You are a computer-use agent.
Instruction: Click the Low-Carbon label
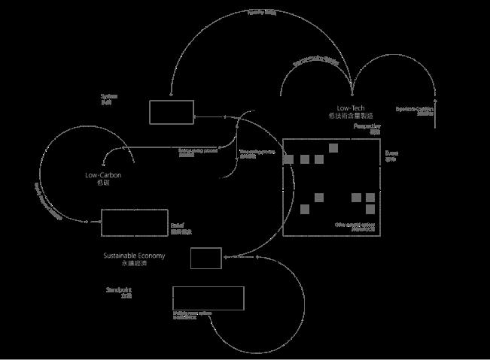tap(103, 175)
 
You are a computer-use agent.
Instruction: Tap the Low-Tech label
tap(352, 108)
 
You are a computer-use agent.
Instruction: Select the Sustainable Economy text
tap(134, 256)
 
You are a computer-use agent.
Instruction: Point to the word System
tap(108, 96)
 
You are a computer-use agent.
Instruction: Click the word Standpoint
tap(119, 289)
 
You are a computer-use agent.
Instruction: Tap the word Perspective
tap(367, 126)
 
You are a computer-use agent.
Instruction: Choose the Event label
tap(391, 153)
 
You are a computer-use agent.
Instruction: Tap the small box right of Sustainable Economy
tap(205, 258)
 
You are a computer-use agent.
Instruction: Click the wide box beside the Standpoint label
tap(208, 298)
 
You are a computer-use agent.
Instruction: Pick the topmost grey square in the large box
tap(333, 148)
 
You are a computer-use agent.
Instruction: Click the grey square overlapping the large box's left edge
tap(288, 159)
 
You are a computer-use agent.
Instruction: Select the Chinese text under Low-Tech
tap(352, 116)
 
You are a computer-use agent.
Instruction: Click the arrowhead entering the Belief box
tap(98, 222)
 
